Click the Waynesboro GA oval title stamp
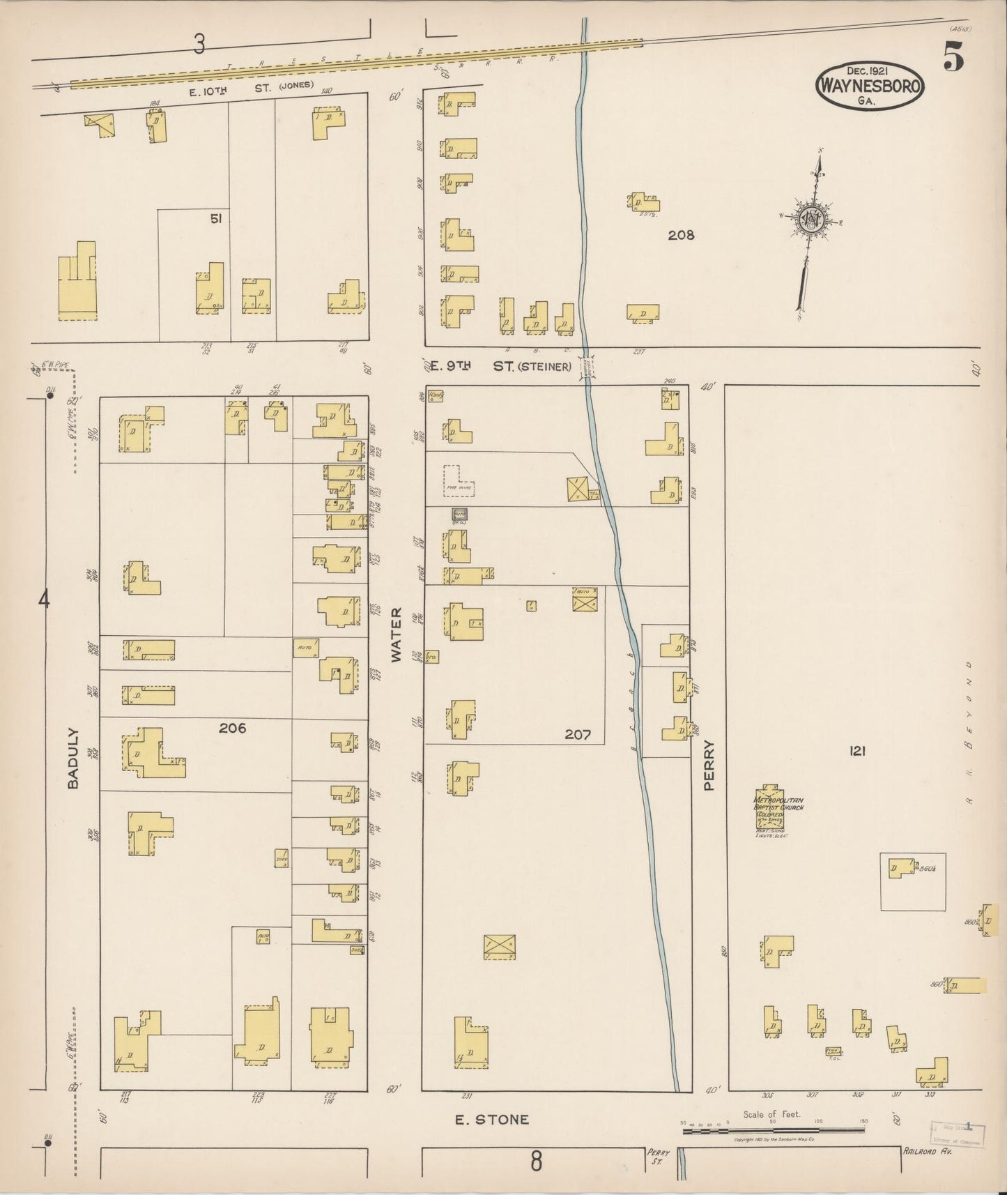coord(870,86)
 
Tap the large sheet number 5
coord(953,57)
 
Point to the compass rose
coord(811,220)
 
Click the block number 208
coord(681,235)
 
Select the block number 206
coord(232,728)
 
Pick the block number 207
coord(578,734)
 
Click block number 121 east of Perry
coord(856,751)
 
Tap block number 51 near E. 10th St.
coord(216,219)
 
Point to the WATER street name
coord(396,634)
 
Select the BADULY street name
coord(73,759)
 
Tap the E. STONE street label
coord(491,1120)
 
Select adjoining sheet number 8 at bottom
coord(535,1162)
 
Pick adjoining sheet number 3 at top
coord(200,45)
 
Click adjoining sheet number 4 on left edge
coord(44,600)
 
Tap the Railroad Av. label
coord(926,1151)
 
